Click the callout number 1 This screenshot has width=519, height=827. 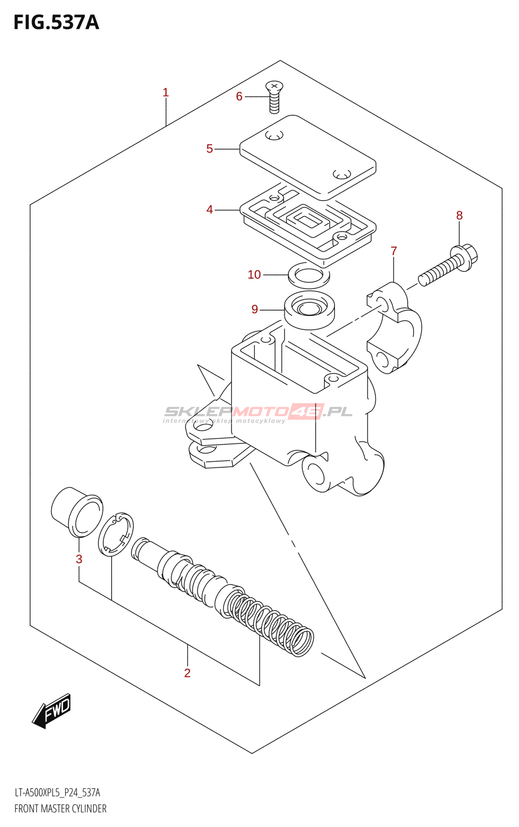tap(165, 93)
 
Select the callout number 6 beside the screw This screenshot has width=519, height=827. tap(239, 97)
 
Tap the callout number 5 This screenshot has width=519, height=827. tap(209, 149)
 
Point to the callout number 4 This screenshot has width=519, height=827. tap(209, 210)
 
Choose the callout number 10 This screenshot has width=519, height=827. tap(254, 274)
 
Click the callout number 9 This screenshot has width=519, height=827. tap(254, 309)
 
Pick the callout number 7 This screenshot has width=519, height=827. tap(394, 251)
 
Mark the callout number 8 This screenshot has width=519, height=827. tap(459, 216)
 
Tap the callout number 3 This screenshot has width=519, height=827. tap(79, 559)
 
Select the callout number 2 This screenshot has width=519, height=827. tap(187, 672)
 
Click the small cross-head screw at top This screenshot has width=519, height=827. tap(274, 96)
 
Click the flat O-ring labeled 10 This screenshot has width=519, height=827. tap(309, 275)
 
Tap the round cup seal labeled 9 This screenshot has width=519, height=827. tap(309, 310)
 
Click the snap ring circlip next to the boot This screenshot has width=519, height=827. tap(116, 535)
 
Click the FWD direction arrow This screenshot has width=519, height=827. tap(52, 710)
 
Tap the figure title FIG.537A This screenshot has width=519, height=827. tap(56, 22)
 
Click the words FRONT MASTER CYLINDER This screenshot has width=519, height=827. tap(60, 808)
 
